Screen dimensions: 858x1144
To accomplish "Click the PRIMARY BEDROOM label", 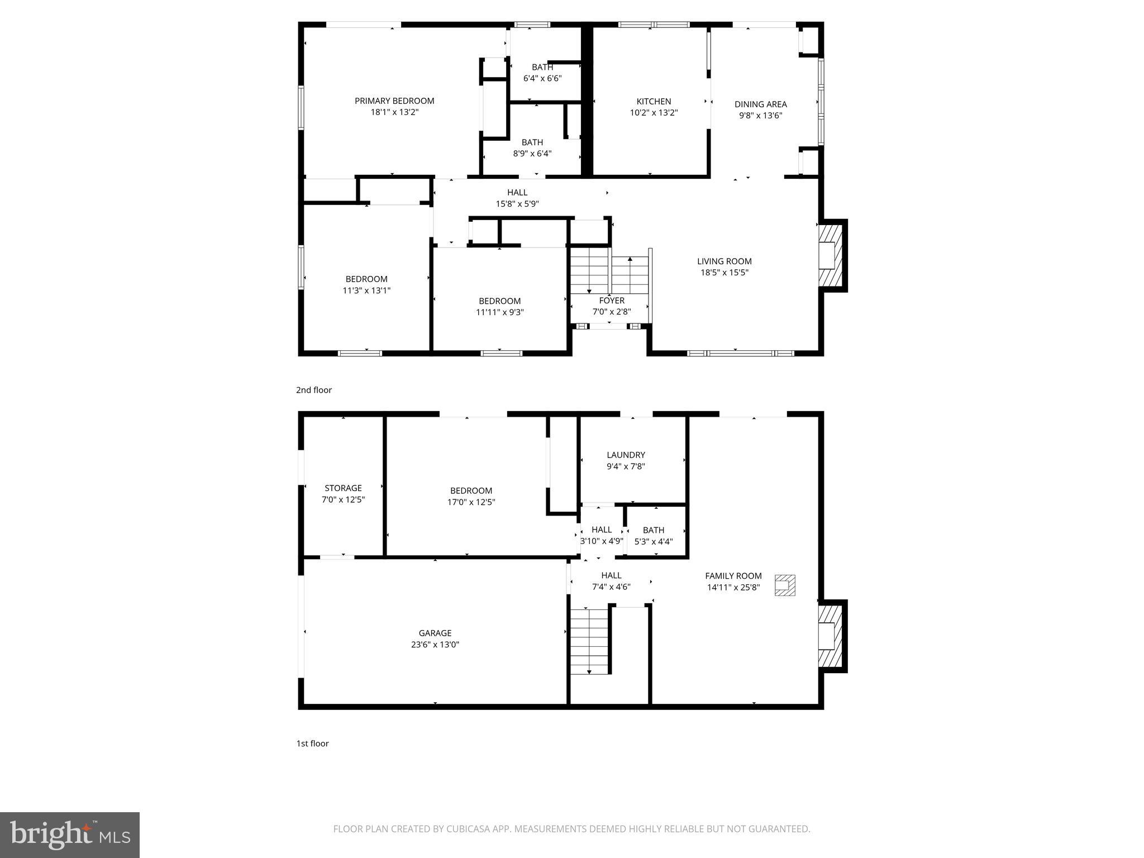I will click(x=394, y=101).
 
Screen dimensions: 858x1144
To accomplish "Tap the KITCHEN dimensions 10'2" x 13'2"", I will click(x=654, y=113).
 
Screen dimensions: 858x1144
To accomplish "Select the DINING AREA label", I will click(x=760, y=104).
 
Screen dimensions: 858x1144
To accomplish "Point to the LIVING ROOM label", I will click(x=724, y=261).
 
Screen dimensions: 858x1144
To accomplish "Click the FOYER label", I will click(x=612, y=301).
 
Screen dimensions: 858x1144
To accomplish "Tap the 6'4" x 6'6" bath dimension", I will click(x=542, y=79).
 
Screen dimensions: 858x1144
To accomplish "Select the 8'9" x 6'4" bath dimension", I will click(x=532, y=154).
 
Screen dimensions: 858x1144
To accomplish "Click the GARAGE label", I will click(x=435, y=633).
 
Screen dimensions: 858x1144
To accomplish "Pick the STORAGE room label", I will click(x=343, y=488).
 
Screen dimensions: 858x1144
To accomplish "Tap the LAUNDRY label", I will click(x=626, y=455).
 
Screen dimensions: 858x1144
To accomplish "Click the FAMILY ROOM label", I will click(x=733, y=576).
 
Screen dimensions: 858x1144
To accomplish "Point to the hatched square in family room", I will click(x=784, y=585).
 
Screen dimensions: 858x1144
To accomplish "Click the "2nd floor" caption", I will click(x=313, y=390).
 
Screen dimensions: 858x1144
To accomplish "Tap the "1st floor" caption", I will click(x=312, y=743).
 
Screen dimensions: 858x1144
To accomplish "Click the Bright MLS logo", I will click(x=70, y=835).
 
